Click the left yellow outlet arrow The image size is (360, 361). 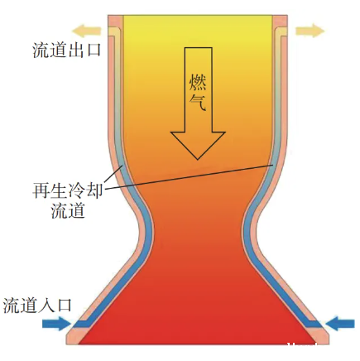tap(86, 31)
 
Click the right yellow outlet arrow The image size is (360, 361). tap(310, 31)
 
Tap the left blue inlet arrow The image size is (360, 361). tap(56, 323)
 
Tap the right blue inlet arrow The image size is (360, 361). tap(340, 323)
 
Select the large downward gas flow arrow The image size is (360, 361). tap(198, 103)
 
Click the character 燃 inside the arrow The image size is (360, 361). tap(198, 81)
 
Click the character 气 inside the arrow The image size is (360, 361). tap(198, 102)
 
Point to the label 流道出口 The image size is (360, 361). tap(66, 50)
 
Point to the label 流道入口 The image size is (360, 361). tap(37, 306)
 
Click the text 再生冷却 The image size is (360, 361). tap(68, 190)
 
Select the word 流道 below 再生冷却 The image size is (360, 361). tap(68, 210)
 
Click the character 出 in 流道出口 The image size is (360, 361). tap(75, 50)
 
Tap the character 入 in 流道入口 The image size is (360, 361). tap(46, 306)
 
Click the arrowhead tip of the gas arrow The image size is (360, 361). tap(198, 160)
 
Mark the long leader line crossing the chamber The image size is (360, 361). tap(189, 177)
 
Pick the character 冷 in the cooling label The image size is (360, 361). tap(76, 190)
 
